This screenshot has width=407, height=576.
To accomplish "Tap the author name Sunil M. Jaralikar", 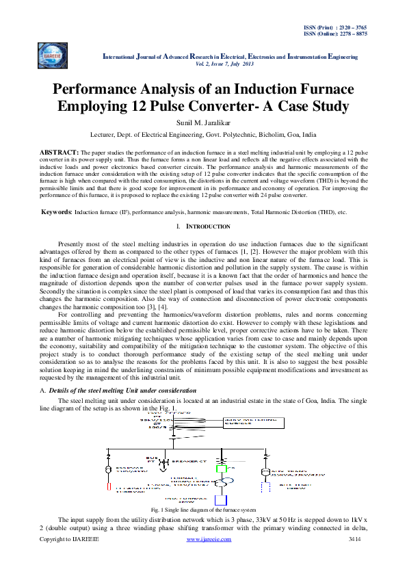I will [203, 122].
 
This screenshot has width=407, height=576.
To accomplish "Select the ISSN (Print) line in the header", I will [334, 26].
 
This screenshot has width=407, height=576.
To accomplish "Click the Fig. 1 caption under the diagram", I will [203, 510].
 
